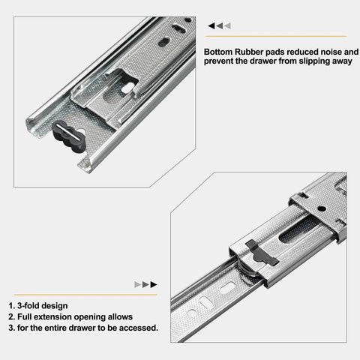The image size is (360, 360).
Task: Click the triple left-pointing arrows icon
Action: [x=220, y=25]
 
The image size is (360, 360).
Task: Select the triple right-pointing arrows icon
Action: [x=144, y=285]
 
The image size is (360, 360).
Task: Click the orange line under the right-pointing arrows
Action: [x=82, y=295]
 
